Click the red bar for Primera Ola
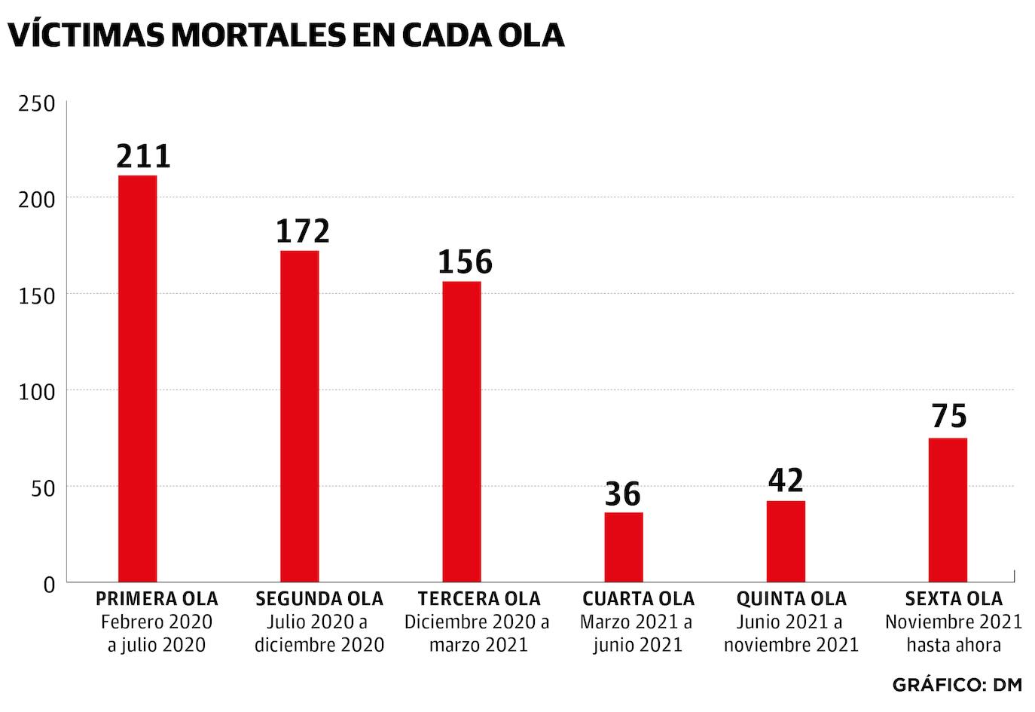click(x=138, y=378)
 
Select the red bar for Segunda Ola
click(x=300, y=416)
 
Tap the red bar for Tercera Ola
click(x=462, y=431)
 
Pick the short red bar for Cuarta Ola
click(x=624, y=547)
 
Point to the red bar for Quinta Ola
click(x=786, y=541)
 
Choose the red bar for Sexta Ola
click(x=948, y=509)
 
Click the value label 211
click(x=144, y=156)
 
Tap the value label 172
click(x=303, y=231)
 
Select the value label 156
click(x=465, y=262)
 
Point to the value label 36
click(x=623, y=494)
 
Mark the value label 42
click(x=786, y=481)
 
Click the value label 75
click(x=949, y=417)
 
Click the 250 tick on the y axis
click(x=37, y=103)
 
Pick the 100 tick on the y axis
click(x=37, y=392)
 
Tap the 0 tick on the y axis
click(x=49, y=584)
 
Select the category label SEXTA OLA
click(x=954, y=599)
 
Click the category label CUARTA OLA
click(x=638, y=599)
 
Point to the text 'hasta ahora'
click(x=954, y=646)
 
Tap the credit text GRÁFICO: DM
click(x=957, y=685)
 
